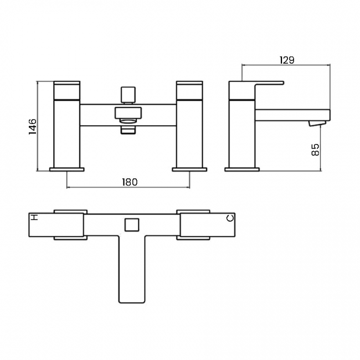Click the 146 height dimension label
click(32, 126)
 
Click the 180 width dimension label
click(128, 182)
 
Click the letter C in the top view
click(231, 219)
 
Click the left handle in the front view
click(67, 90)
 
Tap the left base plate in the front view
click(67, 168)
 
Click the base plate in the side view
click(242, 168)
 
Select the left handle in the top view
click(71, 225)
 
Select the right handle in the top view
click(193, 225)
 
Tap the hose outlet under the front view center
click(128, 130)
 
